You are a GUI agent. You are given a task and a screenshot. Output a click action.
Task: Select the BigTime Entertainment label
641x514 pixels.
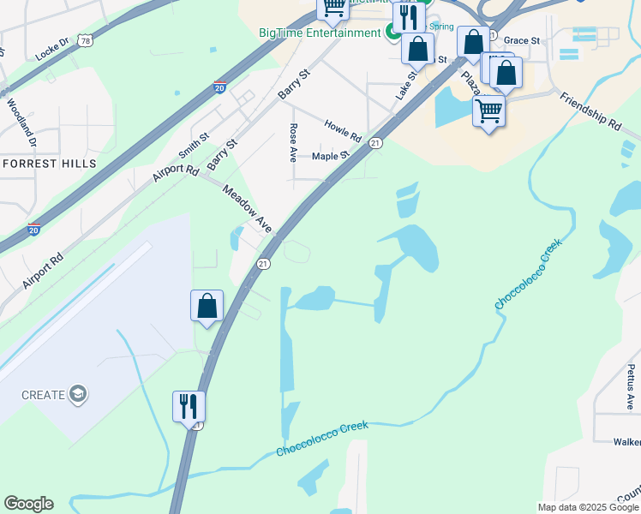pos(320,33)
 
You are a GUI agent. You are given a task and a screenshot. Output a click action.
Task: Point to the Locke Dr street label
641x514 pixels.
pos(51,50)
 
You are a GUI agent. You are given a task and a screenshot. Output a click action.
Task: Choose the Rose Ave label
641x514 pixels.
pos(293,143)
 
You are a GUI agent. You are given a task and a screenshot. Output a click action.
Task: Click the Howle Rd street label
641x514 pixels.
pos(343,131)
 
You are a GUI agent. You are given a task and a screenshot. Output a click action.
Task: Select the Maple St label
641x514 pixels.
pos(331,156)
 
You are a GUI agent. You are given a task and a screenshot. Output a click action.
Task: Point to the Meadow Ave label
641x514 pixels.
pos(248,209)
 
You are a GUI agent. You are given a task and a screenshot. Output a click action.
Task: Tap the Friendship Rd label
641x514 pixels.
pos(590,112)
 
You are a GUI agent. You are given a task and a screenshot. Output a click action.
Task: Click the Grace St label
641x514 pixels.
pos(521,40)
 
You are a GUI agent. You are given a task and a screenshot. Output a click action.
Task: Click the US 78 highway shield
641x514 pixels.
pos(83,40)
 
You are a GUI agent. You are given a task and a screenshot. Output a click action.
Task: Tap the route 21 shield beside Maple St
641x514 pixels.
pos(375,144)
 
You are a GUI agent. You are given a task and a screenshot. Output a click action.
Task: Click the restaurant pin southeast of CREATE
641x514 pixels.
pos(189,406)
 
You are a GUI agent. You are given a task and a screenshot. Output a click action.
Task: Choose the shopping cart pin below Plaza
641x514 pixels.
pos(488,111)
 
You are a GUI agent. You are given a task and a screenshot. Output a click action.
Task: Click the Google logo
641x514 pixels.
pos(28,504)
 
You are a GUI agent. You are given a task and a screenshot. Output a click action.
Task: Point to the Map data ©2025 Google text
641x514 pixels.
pos(587,507)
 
